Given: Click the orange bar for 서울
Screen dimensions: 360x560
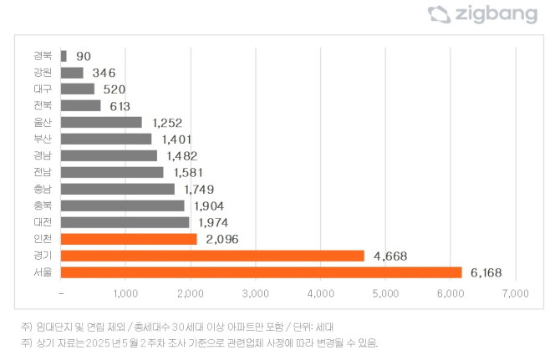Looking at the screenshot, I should [x=261, y=272].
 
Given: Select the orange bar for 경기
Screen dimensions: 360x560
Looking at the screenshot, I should [x=212, y=256].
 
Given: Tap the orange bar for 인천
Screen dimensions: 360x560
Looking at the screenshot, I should [x=129, y=239].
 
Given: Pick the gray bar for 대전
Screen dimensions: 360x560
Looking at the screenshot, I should [x=125, y=222].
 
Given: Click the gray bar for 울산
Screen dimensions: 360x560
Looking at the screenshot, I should [x=101, y=122].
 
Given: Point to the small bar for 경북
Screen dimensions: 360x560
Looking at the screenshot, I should [x=64, y=56].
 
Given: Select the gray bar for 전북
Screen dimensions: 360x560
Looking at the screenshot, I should [x=80, y=105].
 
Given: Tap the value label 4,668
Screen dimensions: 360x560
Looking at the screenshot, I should [x=389, y=256].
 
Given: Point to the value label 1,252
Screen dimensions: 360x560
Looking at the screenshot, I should [x=167, y=122].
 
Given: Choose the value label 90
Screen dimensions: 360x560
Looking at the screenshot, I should [x=84, y=56].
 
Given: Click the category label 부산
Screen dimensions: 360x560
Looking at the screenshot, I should [x=43, y=139].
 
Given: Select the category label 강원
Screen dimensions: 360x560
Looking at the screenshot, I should [x=43, y=73].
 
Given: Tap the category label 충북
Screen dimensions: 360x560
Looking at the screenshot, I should [x=43, y=205].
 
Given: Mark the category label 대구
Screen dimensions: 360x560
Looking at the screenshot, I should [x=43, y=89].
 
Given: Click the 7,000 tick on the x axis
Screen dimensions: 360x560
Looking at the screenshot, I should [x=516, y=294].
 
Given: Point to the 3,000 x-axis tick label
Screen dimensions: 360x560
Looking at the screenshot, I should [x=255, y=294].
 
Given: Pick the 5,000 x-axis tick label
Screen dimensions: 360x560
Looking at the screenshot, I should [x=385, y=294].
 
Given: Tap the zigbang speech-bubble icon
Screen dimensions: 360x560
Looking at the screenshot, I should [x=438, y=13].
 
